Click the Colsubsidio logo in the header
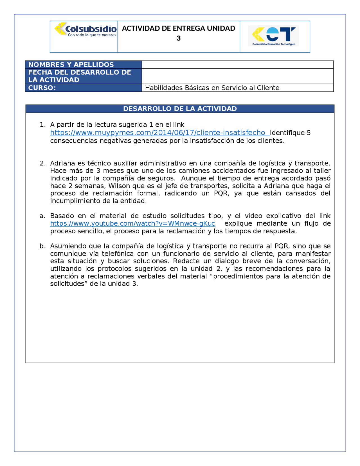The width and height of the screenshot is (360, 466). [x=85, y=29]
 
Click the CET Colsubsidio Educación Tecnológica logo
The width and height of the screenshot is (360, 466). [x=273, y=36]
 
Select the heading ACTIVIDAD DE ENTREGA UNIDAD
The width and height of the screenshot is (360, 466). [x=178, y=28]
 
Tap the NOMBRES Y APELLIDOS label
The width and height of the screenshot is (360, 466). [x=71, y=64]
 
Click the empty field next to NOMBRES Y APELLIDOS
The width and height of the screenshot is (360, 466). [x=237, y=64]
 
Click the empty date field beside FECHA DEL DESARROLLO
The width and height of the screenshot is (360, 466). [x=237, y=76]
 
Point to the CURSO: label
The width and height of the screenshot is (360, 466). [x=42, y=88]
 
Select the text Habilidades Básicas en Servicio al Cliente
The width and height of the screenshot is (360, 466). [x=212, y=88]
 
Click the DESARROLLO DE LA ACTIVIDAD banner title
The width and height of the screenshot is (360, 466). [x=180, y=109]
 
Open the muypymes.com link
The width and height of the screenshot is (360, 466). [x=158, y=133]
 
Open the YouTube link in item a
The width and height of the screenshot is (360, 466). [x=132, y=223]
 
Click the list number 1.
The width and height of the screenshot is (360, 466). [x=42, y=125]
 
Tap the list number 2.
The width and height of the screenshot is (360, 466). [x=42, y=163]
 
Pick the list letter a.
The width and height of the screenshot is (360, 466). [x=42, y=216]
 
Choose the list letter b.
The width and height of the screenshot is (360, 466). [x=42, y=246]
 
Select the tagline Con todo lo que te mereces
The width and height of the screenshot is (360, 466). [x=92, y=35]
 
